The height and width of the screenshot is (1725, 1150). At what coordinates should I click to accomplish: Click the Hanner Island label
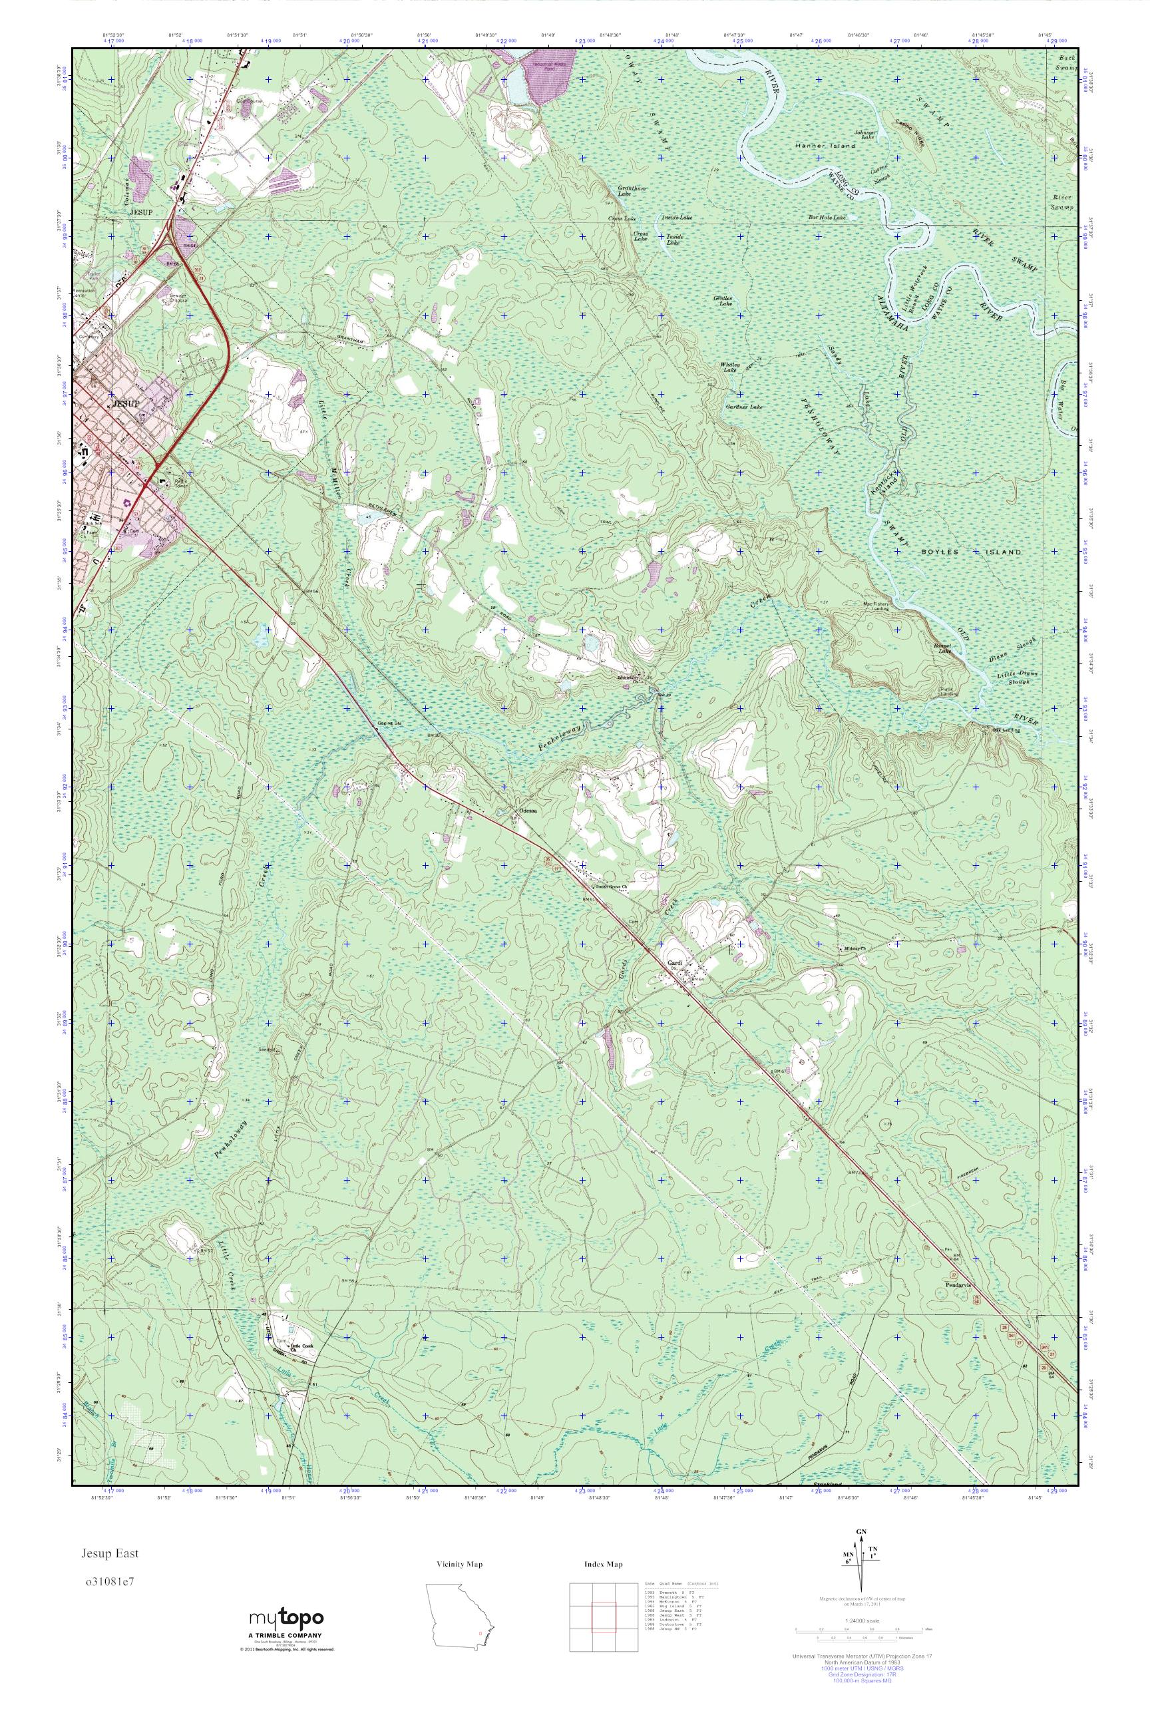(x=825, y=146)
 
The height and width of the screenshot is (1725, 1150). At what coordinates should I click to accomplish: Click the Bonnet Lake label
(x=943, y=647)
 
